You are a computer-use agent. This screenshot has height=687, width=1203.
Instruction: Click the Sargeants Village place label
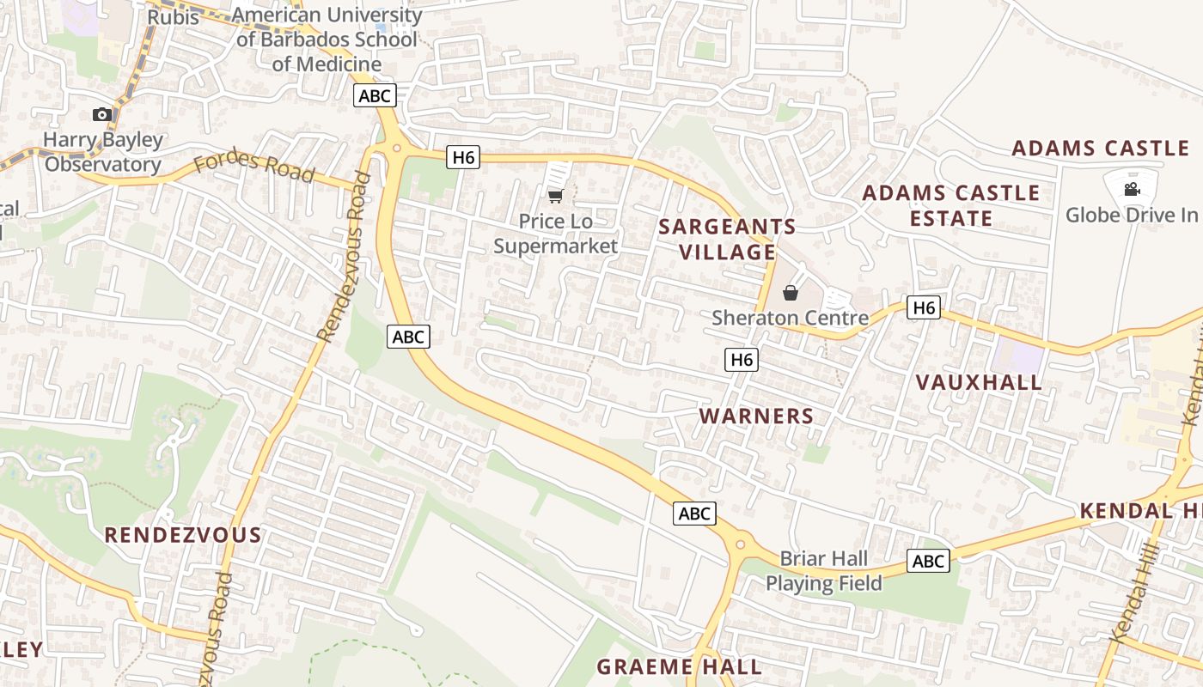coord(728,239)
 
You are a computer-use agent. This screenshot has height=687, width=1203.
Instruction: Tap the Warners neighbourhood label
coord(756,416)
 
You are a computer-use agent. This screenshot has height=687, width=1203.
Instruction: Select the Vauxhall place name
coord(979,382)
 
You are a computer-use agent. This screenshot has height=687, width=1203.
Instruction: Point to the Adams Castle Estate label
coord(950,205)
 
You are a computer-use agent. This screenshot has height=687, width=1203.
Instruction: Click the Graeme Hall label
coord(679,666)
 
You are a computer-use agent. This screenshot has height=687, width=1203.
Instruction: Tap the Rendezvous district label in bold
coord(182,535)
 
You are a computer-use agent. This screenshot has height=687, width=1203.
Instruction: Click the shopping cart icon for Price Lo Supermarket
coord(556,196)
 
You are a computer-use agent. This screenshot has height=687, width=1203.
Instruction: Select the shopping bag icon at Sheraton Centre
coord(791,293)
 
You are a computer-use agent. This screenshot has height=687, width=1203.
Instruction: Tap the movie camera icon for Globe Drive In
coord(1132,189)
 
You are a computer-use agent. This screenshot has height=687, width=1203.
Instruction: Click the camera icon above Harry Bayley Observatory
coord(102,114)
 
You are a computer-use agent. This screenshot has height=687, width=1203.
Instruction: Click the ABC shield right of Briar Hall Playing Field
coord(928,562)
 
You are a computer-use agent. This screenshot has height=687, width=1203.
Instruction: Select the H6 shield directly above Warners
coord(742,360)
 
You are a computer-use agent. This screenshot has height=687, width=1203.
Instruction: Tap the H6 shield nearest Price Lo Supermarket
coord(462,157)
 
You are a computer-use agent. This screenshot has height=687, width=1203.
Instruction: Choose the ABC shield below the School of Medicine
coord(375,95)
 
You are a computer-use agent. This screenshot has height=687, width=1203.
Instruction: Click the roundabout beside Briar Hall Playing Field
coord(739,544)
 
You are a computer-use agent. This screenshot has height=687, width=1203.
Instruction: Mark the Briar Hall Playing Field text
coord(823,571)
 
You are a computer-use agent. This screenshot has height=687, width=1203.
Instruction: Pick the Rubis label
coord(173,17)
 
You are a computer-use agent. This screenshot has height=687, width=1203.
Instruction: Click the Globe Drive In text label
coord(1131,215)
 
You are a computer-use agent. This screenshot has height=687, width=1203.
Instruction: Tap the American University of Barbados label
coord(327,39)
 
